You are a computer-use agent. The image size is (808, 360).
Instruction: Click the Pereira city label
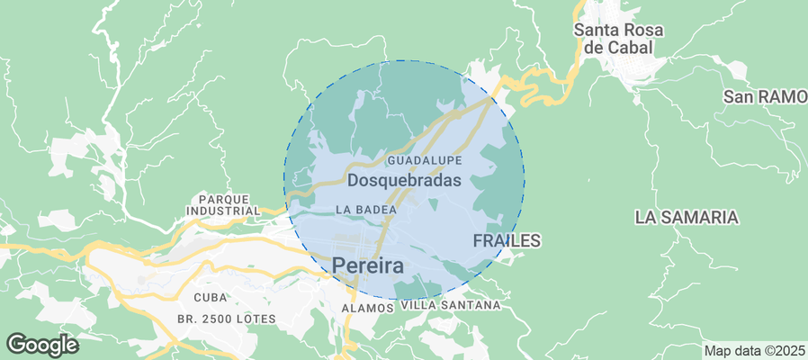pos(368,265)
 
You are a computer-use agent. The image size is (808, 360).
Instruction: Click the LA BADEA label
pos(366,209)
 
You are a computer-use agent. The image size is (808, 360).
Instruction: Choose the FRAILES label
pos(507,240)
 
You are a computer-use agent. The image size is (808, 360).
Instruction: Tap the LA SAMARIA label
pos(686,217)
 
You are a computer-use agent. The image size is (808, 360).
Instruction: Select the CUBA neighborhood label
pos(211,296)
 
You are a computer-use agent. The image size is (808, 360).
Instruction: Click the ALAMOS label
pos(368,308)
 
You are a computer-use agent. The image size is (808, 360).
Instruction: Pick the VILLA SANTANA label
pos(450,305)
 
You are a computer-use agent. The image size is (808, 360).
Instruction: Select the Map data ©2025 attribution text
pos(754,350)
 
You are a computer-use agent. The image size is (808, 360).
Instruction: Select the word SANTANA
pos(468,305)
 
